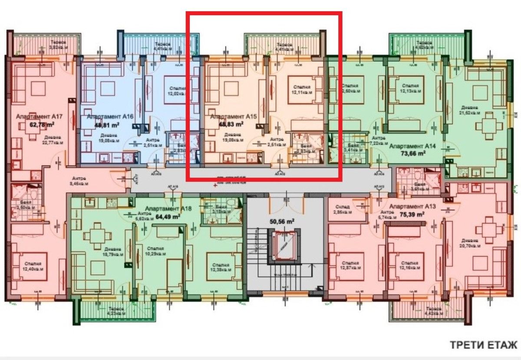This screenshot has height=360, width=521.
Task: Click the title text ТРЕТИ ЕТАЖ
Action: tap(483, 345)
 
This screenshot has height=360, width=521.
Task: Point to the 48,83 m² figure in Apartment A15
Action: tap(230, 124)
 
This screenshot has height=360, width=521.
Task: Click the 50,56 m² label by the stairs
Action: tap(282, 221)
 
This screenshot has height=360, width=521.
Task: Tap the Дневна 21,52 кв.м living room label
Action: tap(470, 110)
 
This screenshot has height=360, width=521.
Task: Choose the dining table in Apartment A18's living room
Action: tap(94, 237)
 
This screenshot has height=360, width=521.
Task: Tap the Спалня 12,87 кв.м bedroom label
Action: tap(350, 266)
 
